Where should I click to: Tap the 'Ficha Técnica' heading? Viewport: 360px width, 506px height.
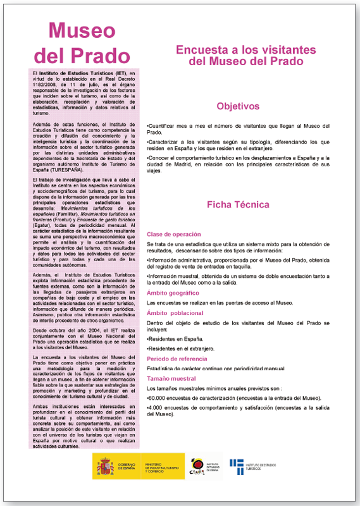click(238, 204)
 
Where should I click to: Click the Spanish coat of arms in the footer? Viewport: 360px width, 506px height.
click(104, 467)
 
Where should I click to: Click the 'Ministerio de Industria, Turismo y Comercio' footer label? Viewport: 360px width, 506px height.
click(161, 467)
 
